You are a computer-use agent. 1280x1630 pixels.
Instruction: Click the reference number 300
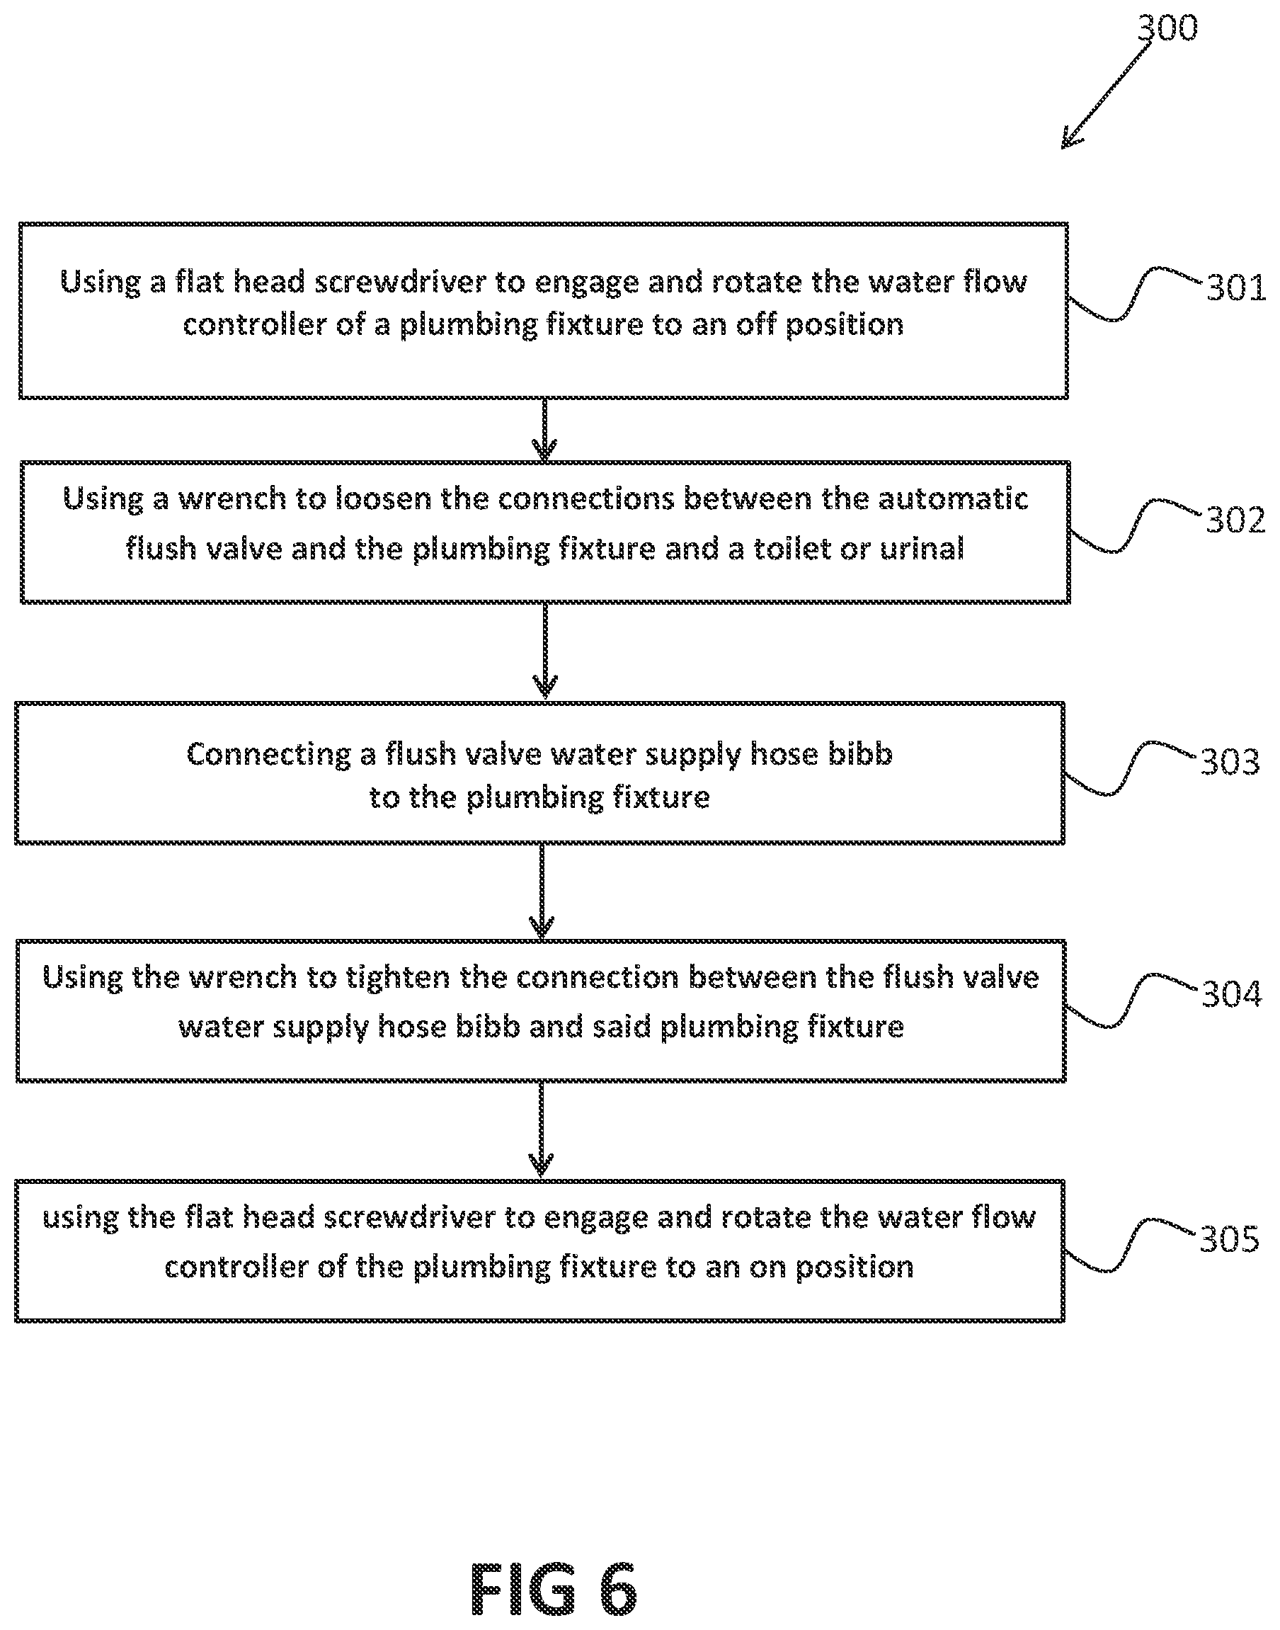tap(1167, 28)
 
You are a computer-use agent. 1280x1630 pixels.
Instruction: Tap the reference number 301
tap(1236, 287)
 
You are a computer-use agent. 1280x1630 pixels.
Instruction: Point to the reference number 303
tap(1230, 761)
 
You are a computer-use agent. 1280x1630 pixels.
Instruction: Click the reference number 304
tap(1231, 993)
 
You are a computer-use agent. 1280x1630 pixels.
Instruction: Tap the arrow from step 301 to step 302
tap(544, 429)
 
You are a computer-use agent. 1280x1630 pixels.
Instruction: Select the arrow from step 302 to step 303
tap(545, 651)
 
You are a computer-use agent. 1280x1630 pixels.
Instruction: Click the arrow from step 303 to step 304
tap(542, 891)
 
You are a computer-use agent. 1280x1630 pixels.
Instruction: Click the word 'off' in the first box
tap(756, 324)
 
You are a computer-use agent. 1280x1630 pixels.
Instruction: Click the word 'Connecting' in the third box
tap(268, 755)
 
